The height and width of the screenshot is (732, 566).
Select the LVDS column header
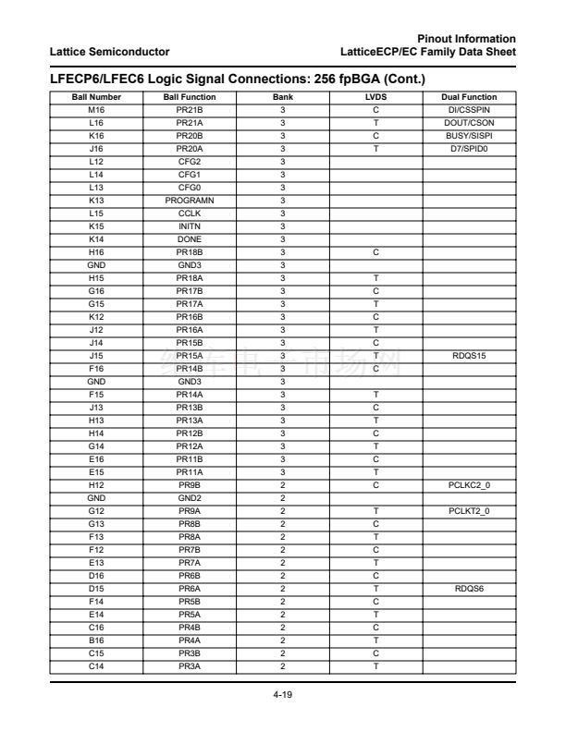coord(376,97)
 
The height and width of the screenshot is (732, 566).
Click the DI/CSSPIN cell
coord(470,109)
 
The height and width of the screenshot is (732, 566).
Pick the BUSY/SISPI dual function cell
coord(470,135)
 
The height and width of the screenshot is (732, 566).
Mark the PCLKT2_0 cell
coord(470,510)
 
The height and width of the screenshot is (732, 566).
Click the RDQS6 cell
coord(470,575)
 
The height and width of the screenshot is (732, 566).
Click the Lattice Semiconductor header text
coord(110,50)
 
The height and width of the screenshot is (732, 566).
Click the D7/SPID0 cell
coord(470,148)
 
